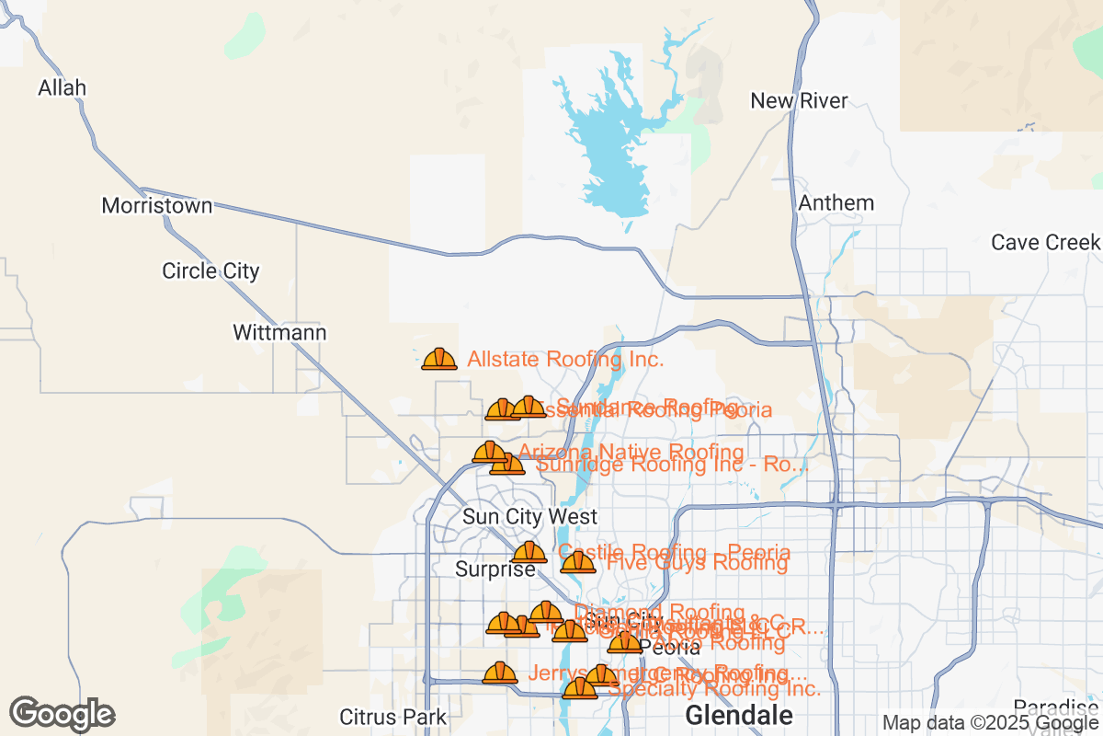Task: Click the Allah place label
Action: (62, 88)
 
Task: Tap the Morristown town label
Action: (157, 206)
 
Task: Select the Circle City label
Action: (210, 271)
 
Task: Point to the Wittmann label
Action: (279, 332)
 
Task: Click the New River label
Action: (799, 101)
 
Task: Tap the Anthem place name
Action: (836, 202)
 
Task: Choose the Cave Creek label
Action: (1045, 243)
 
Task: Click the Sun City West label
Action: (529, 517)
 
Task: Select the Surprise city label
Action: (495, 569)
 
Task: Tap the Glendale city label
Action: (739, 715)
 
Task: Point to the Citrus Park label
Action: (392, 717)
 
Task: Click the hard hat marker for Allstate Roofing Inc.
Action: (439, 360)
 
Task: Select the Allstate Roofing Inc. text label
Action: (565, 360)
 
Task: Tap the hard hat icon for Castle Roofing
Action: (529, 553)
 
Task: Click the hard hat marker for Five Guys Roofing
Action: (577, 562)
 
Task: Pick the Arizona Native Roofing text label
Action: (631, 452)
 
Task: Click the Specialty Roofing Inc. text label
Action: (714, 688)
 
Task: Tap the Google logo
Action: (63, 714)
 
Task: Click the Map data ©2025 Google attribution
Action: (991, 723)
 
